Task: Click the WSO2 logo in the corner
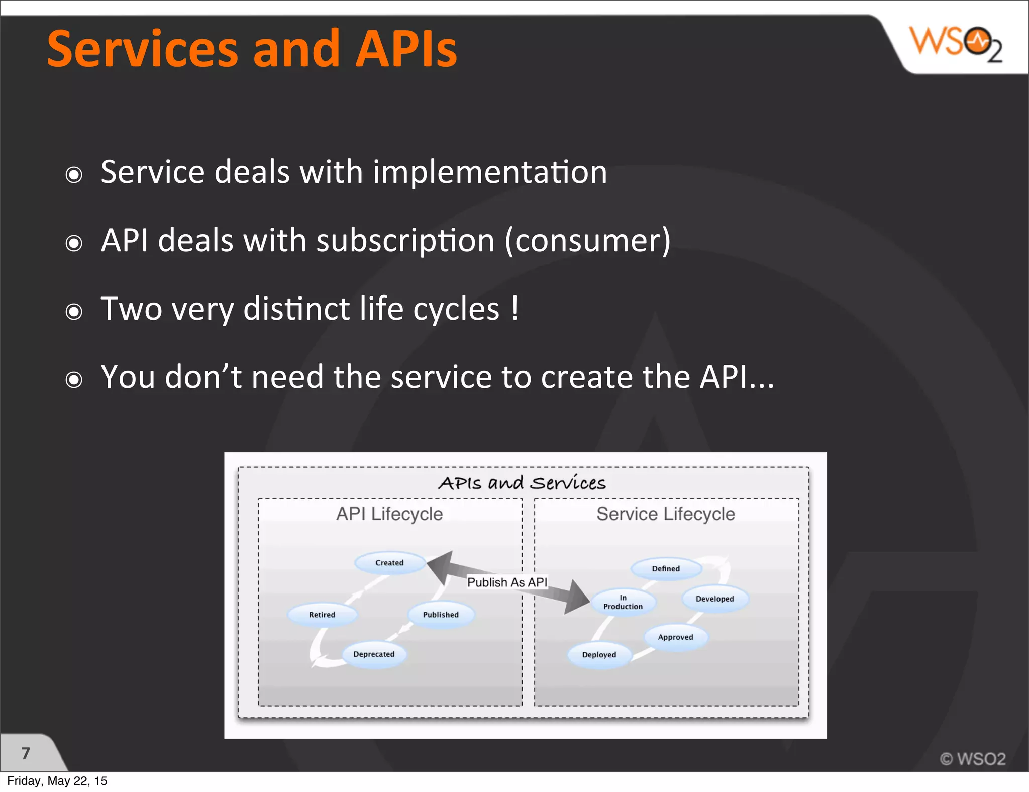956,44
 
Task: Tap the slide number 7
26,753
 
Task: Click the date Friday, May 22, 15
57,781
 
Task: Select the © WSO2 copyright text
973,759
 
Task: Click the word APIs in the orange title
406,49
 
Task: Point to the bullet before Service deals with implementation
74,175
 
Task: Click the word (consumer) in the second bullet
587,241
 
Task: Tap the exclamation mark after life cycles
514,308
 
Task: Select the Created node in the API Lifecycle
389,563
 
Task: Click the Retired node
322,615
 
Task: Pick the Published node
441,615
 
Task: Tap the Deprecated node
374,654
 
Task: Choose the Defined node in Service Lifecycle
666,569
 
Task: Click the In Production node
623,602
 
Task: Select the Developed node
714,599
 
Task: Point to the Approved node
675,637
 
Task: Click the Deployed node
599,655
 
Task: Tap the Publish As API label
507,582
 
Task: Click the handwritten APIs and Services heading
522,483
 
